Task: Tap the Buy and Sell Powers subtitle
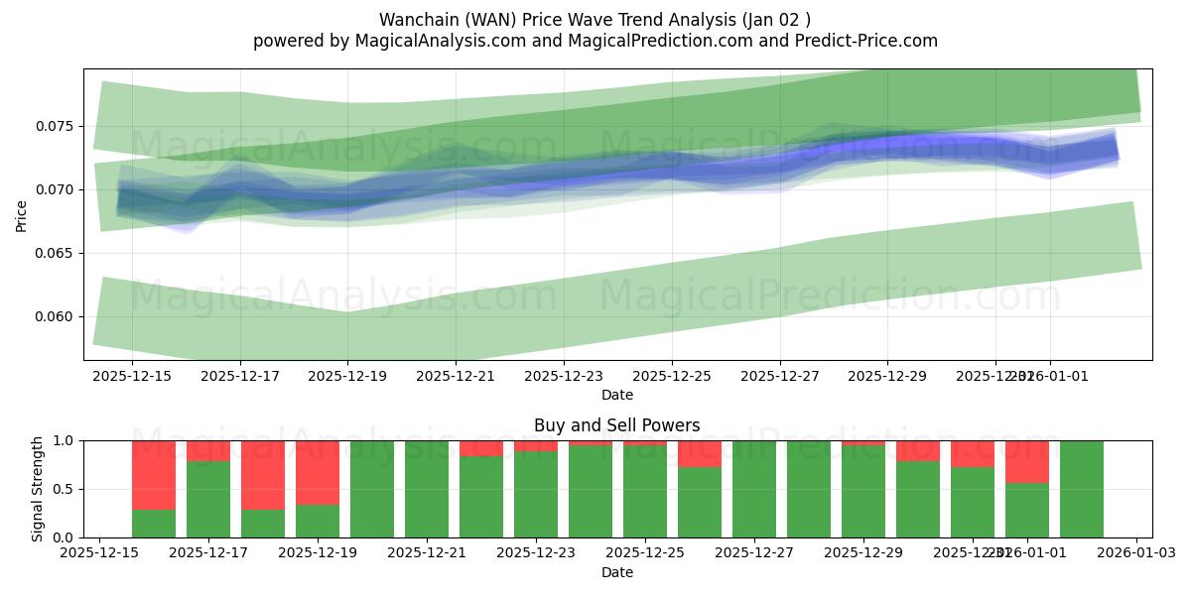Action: click(616, 425)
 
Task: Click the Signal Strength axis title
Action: click(38, 489)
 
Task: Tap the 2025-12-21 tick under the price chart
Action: click(456, 376)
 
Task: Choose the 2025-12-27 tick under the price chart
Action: click(780, 376)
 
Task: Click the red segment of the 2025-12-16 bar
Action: click(154, 474)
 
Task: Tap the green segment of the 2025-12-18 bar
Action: click(263, 523)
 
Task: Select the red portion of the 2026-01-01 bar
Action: click(1027, 462)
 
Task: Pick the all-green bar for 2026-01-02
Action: click(1082, 489)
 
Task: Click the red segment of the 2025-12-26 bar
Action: click(700, 453)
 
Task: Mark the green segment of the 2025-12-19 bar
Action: click(318, 521)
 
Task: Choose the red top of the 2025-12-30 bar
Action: click(918, 451)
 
